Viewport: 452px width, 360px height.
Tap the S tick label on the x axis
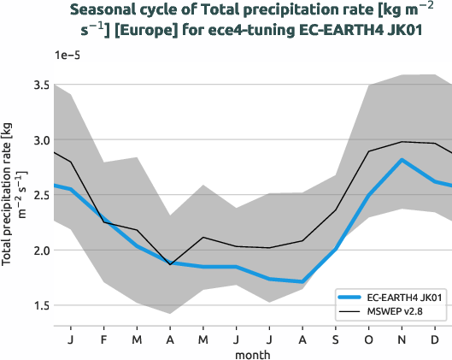(x=336, y=339)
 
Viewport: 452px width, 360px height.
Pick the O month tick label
(x=369, y=339)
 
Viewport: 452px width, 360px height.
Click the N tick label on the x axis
(x=402, y=339)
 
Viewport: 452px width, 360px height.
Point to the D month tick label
(x=435, y=339)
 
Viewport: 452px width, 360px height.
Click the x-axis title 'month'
(x=253, y=353)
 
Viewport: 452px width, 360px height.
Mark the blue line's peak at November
(x=402, y=160)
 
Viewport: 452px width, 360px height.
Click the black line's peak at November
(x=402, y=142)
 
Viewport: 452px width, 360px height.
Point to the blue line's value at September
(x=336, y=249)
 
